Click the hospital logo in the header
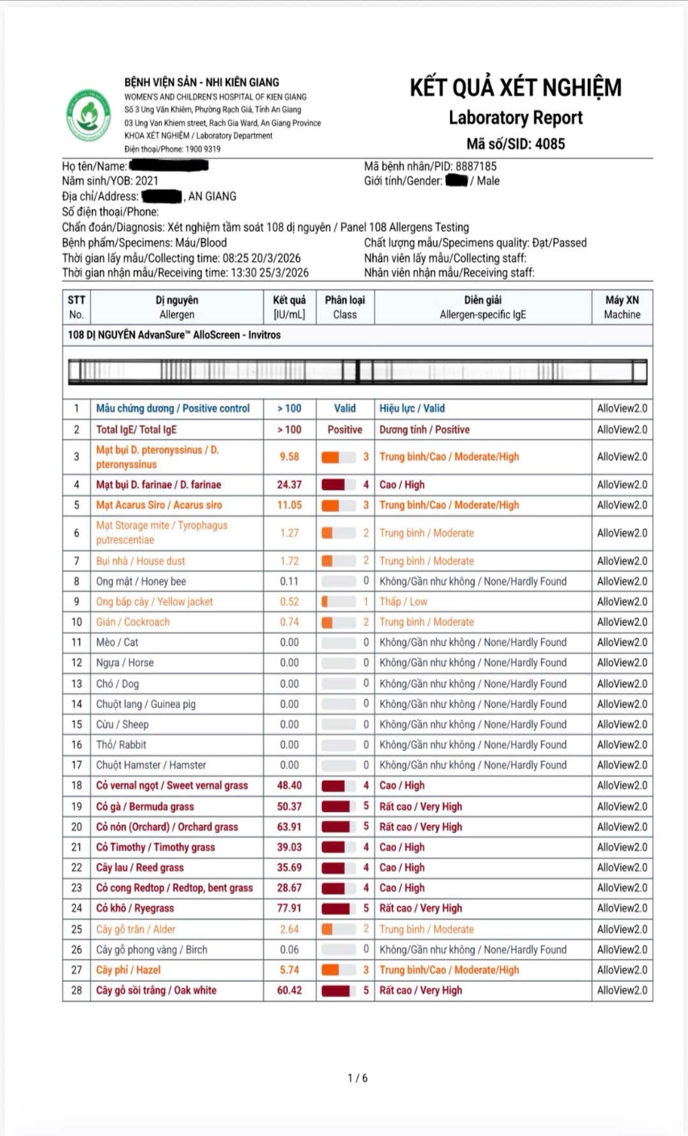coord(89,115)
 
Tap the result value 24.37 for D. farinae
coord(289,484)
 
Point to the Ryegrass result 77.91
coord(289,908)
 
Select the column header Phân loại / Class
coord(344,307)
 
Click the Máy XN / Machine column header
coord(622,307)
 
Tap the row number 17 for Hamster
coord(77,765)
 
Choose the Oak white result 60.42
coord(289,990)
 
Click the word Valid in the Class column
coord(344,409)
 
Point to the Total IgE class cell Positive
coord(344,430)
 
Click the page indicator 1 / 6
coord(357,1078)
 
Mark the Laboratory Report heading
coord(515,118)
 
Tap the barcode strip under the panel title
coord(357,371)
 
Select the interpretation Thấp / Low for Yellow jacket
coord(403,602)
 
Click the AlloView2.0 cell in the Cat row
coord(622,643)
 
